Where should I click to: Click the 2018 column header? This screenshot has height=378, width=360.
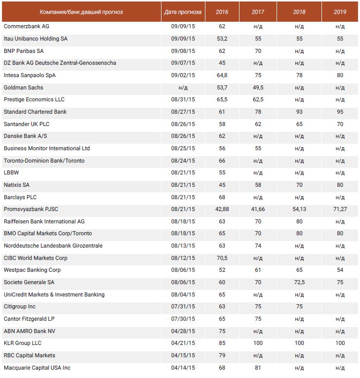pyautogui.click(x=299, y=11)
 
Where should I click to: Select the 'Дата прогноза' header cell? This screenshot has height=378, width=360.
pyautogui.click(x=183, y=11)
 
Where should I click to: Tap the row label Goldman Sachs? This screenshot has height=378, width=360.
pyautogui.click(x=23, y=87)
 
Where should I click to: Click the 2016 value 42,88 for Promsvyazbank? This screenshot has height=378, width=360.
pyautogui.click(x=222, y=210)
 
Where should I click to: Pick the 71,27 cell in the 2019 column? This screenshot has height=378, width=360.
pyautogui.click(x=340, y=210)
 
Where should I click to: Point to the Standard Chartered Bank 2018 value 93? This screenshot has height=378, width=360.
pyautogui.click(x=299, y=112)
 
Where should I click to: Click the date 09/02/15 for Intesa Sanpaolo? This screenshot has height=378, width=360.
pyautogui.click(x=183, y=75)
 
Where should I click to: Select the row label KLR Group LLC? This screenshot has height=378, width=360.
pyautogui.click(x=23, y=343)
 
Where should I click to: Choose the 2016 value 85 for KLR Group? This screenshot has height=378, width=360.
pyautogui.click(x=222, y=343)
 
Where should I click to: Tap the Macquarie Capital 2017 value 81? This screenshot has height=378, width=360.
pyautogui.click(x=258, y=368)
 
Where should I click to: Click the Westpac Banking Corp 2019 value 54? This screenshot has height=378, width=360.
pyautogui.click(x=340, y=270)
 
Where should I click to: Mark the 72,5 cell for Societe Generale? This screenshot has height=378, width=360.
pyautogui.click(x=299, y=282)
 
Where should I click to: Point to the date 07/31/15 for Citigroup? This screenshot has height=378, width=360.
pyautogui.click(x=183, y=306)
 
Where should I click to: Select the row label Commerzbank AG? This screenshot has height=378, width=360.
pyautogui.click(x=26, y=26)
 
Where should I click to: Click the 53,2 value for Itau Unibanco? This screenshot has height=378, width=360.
pyautogui.click(x=222, y=39)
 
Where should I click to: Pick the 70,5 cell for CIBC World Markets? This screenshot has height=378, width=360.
pyautogui.click(x=222, y=258)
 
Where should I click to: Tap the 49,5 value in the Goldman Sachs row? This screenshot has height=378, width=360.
pyautogui.click(x=258, y=87)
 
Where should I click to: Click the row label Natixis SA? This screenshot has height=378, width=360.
pyautogui.click(x=17, y=185)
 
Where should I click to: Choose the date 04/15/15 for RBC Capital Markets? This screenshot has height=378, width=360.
pyautogui.click(x=183, y=355)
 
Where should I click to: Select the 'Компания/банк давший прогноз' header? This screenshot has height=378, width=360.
pyautogui.click(x=81, y=11)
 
